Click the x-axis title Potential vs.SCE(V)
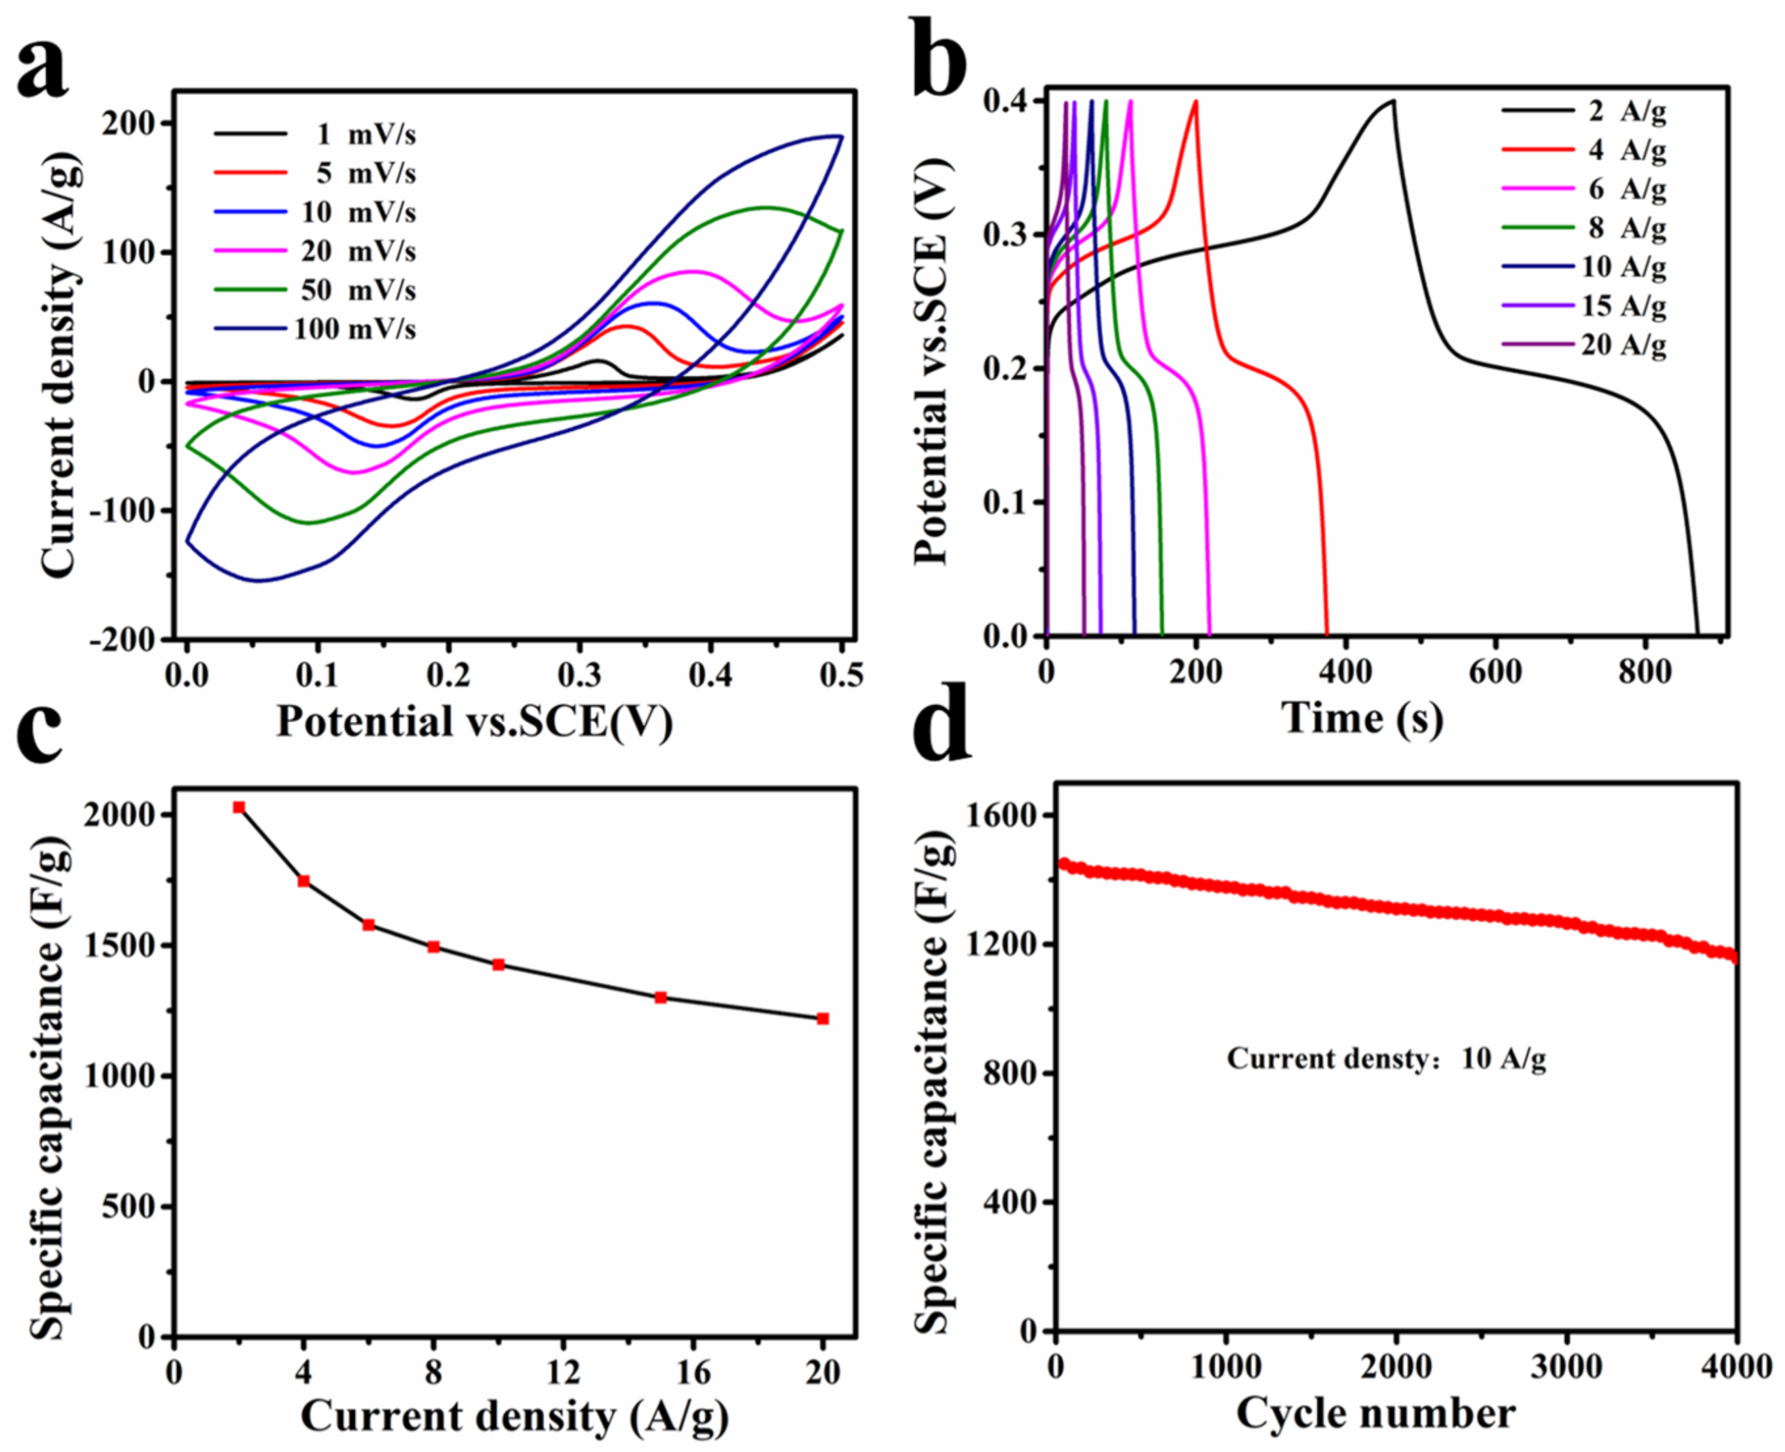[474, 720]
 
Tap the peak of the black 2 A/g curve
[1394, 101]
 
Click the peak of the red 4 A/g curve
[1196, 101]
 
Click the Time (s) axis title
[1362, 717]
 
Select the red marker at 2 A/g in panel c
[239, 807]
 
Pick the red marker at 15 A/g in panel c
[661, 997]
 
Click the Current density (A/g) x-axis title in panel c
[514, 1415]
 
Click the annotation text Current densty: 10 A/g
[1386, 1059]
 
